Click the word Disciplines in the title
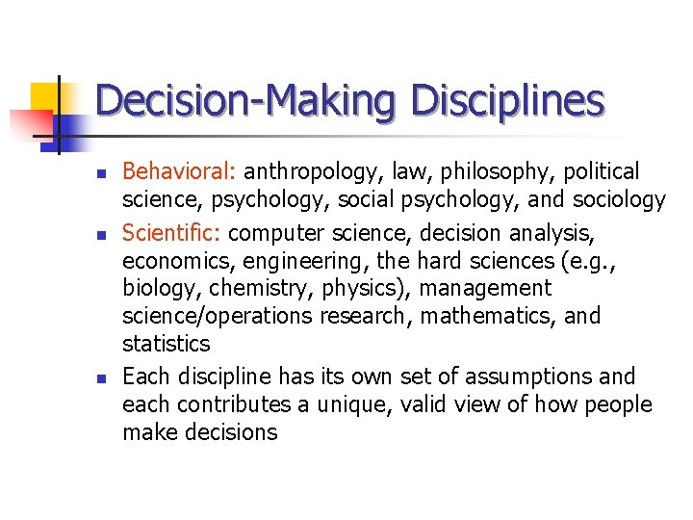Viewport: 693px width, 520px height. point(507,102)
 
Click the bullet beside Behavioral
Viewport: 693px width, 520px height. point(102,174)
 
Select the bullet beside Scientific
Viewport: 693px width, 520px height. point(102,234)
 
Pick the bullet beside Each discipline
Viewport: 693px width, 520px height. point(102,377)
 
